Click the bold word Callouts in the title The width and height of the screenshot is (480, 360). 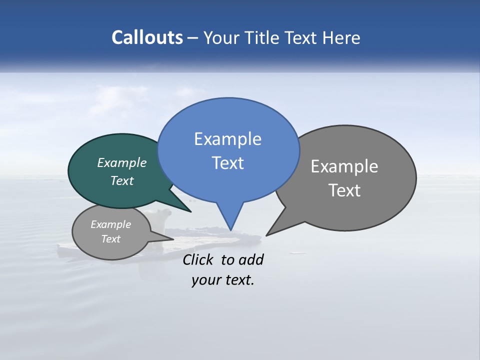click(x=147, y=37)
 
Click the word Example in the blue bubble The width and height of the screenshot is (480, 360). click(x=227, y=139)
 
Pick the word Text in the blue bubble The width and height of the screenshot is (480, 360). click(x=227, y=163)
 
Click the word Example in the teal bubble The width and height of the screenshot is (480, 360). click(x=122, y=162)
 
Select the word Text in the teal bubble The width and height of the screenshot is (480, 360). click(x=122, y=180)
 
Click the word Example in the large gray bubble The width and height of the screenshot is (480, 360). click(x=344, y=166)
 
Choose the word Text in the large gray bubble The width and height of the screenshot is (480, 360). click(x=344, y=190)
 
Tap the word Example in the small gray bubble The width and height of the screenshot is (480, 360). click(x=111, y=224)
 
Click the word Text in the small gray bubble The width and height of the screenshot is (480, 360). click(x=111, y=239)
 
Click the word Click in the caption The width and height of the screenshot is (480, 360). click(x=197, y=259)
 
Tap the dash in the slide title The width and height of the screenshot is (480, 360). click(x=193, y=37)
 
